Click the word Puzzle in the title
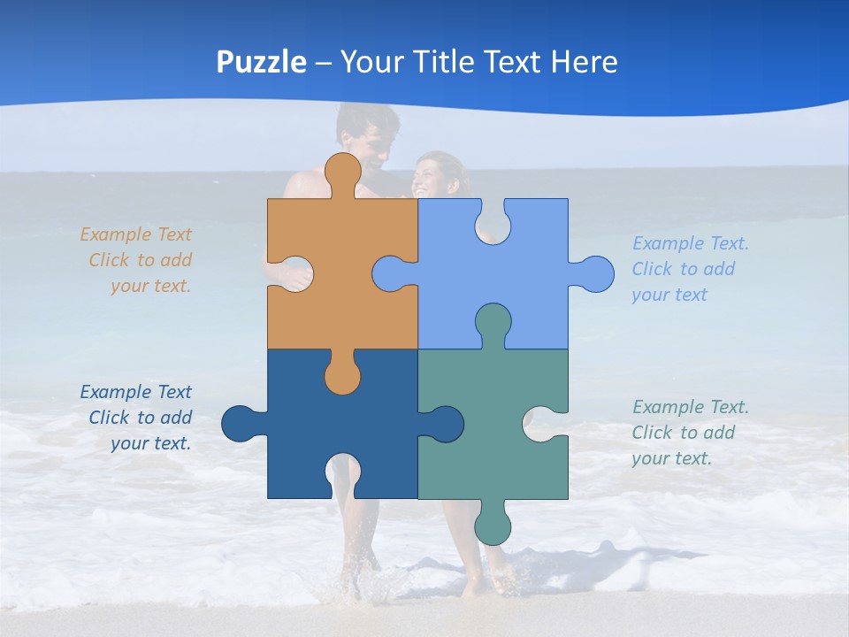pos(261,62)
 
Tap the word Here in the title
pos(584,62)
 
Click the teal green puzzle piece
pos(495,442)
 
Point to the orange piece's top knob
pos(342,172)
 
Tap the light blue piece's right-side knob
pos(594,273)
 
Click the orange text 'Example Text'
pos(135,234)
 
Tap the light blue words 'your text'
pos(669,295)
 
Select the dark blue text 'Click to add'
pos(140,418)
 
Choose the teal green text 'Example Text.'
pos(690,407)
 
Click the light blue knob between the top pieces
pos(392,273)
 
